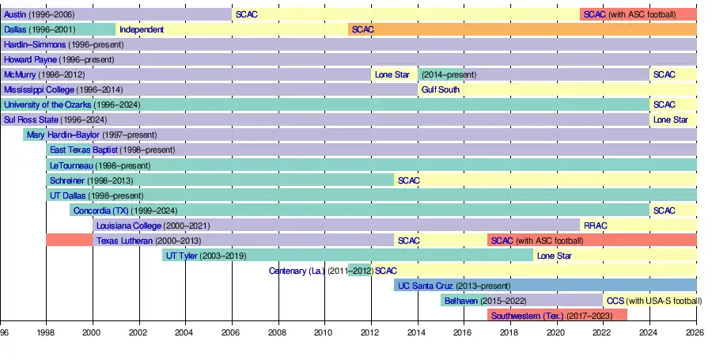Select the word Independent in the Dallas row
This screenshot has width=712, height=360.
(142, 29)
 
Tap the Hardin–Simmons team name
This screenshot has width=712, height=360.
(35, 44)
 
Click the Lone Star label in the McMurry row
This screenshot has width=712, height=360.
(392, 74)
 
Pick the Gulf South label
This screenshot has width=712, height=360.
(441, 89)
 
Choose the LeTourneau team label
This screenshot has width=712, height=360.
(71, 165)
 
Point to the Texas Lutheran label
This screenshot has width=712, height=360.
(125, 241)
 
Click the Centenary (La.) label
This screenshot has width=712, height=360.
(297, 271)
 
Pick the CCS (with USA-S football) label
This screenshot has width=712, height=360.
(653, 301)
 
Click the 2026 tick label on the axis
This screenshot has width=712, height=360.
(696, 333)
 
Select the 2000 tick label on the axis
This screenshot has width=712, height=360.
(93, 333)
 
